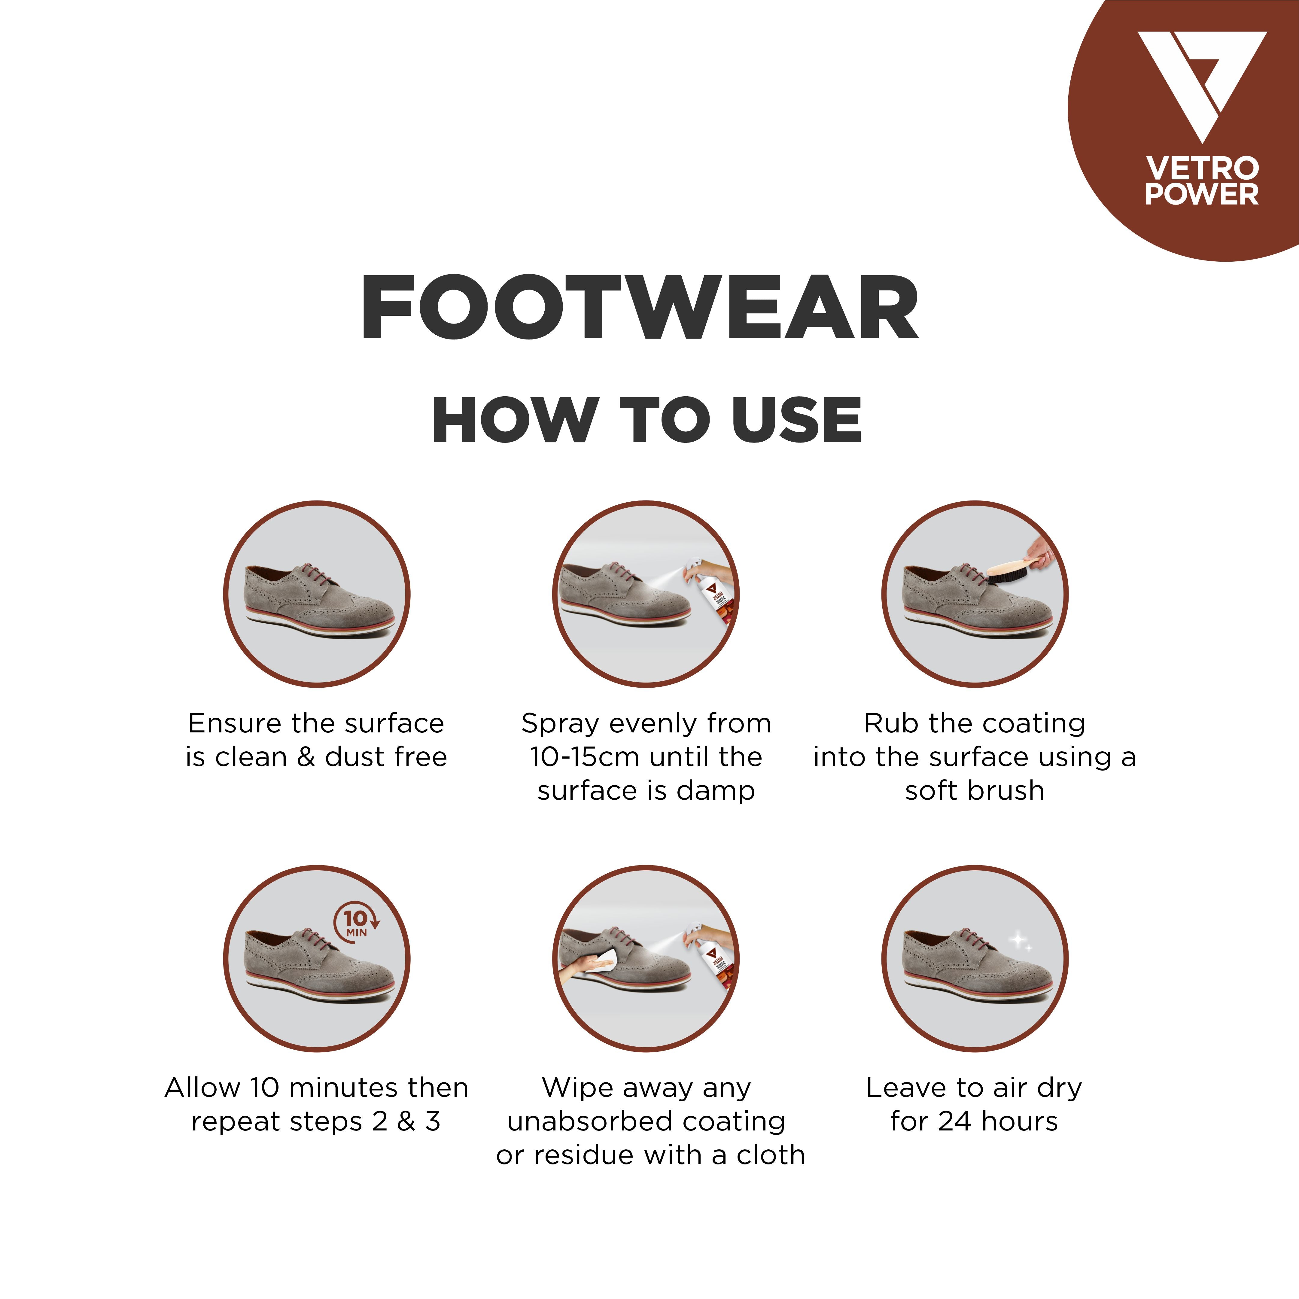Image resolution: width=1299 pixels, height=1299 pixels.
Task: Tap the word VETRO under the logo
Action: click(x=1201, y=168)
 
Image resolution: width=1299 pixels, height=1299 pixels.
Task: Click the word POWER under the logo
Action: click(x=1201, y=194)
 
